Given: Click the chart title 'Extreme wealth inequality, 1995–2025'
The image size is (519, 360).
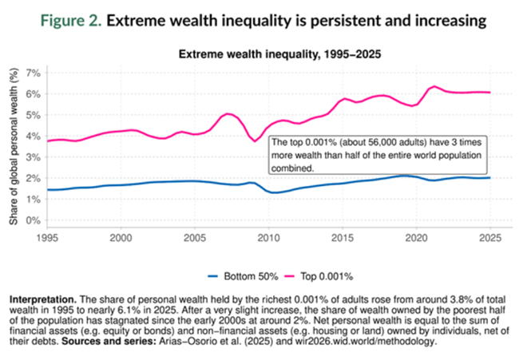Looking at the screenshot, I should click(x=268, y=55).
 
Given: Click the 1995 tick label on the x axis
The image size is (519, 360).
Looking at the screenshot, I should click(x=47, y=237).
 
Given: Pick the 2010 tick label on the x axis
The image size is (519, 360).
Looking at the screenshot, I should click(x=268, y=237).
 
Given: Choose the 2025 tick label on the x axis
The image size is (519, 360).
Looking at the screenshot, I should click(x=489, y=237).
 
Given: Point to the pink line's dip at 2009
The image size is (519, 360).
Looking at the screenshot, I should click(x=256, y=141).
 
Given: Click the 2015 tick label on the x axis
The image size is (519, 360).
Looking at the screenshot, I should click(x=343, y=237).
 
